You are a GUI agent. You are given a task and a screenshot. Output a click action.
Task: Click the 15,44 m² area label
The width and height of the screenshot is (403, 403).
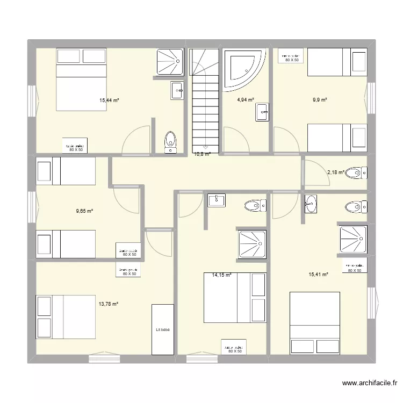(109, 100)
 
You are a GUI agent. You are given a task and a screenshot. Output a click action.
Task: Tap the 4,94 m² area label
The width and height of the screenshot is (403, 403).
(246, 99)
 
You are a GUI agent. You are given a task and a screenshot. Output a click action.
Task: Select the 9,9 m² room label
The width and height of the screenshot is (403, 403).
(320, 99)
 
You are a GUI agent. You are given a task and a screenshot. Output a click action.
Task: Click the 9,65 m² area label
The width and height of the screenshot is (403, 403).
(85, 211)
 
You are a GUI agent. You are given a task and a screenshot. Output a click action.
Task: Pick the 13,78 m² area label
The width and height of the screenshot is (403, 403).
(108, 304)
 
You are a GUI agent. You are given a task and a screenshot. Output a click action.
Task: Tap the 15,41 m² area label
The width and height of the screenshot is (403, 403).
(319, 274)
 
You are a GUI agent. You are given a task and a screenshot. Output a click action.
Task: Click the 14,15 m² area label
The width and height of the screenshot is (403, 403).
(222, 275)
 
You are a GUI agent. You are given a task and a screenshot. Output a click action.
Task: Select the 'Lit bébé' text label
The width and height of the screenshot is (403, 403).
(163, 329)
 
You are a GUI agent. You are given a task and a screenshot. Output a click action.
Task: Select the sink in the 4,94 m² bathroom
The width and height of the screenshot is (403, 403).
(263, 113)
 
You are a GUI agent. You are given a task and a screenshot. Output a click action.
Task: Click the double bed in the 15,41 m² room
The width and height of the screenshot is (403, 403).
(314, 322)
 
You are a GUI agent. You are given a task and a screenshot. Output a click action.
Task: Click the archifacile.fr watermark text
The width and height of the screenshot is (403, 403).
(369, 384)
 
